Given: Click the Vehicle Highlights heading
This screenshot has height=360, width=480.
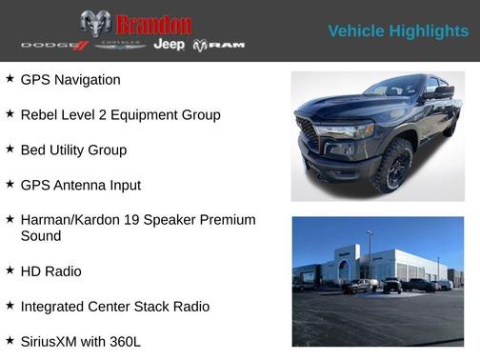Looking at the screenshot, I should (x=398, y=31).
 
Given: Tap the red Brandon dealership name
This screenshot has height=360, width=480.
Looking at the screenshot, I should (x=153, y=25).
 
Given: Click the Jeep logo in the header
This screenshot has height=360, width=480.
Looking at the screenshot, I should (x=170, y=45).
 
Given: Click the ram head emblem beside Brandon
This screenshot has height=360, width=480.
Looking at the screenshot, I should (x=95, y=24).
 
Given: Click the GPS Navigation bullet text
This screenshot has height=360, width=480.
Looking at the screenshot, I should (x=70, y=80).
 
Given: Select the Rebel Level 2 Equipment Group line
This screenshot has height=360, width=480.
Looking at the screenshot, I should (x=120, y=115).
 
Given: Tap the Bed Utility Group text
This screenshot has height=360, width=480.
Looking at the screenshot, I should (x=73, y=150).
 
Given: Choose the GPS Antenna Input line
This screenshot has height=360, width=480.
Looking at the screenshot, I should (x=80, y=185).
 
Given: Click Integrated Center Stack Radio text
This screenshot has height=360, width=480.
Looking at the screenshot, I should (x=114, y=307).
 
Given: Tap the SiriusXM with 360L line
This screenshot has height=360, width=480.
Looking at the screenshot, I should (x=80, y=341).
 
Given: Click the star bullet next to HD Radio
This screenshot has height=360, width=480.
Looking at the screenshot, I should (x=10, y=270).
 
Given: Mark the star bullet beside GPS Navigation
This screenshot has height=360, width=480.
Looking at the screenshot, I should (x=10, y=79).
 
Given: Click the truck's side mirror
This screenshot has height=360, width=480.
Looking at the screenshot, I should (x=439, y=93).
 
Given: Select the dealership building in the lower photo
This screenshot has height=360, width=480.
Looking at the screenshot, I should (x=381, y=263).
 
